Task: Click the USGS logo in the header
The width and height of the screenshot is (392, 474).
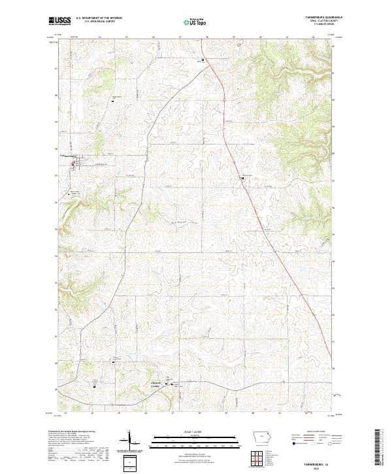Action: click(x=59, y=20)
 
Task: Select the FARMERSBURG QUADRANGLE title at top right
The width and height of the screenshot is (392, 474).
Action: click(x=314, y=18)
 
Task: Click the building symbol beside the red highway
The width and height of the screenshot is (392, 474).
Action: click(x=242, y=177)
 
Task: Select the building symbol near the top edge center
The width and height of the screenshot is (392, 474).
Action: click(x=203, y=60)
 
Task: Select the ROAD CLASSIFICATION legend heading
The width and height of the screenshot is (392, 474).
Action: click(x=313, y=432)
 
